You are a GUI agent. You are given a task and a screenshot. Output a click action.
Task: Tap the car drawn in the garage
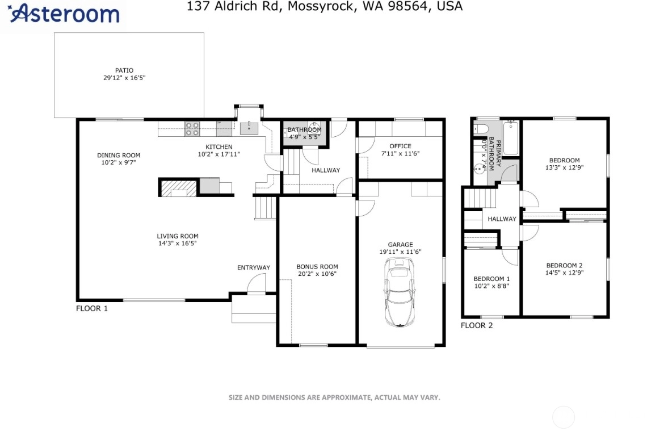pyautogui.click(x=399, y=293)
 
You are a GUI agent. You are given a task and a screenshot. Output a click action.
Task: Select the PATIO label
pyautogui.click(x=124, y=70)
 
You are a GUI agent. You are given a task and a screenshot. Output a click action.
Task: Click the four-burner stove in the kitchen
pyautogui.click(x=192, y=129)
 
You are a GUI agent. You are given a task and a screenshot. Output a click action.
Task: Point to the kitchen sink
pyautogui.click(x=249, y=127)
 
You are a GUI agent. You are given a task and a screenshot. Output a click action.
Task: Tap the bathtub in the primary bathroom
pyautogui.click(x=511, y=138)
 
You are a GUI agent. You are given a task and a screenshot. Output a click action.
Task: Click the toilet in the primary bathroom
pyautogui.click(x=481, y=128)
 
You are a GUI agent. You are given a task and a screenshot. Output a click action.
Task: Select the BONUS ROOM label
pyautogui.click(x=317, y=266)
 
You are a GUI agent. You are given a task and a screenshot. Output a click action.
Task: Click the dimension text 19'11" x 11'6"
pyautogui.click(x=400, y=252)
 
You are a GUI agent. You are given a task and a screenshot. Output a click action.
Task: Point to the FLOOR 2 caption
pyautogui.click(x=477, y=325)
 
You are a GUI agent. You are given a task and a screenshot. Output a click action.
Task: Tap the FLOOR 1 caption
pyautogui.click(x=92, y=308)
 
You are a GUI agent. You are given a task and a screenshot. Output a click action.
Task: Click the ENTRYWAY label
pyautogui.click(x=254, y=267)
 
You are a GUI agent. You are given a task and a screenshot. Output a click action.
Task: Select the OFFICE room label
pyautogui.click(x=400, y=146)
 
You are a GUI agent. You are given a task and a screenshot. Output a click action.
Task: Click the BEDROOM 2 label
pyautogui.click(x=565, y=266)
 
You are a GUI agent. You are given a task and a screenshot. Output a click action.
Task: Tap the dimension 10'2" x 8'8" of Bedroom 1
pyautogui.click(x=491, y=286)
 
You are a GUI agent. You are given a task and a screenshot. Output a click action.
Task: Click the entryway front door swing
pyautogui.click(x=257, y=283)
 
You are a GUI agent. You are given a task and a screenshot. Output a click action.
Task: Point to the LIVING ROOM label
pyautogui.click(x=178, y=236)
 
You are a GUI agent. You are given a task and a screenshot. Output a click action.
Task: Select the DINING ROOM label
pyautogui.click(x=119, y=155)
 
